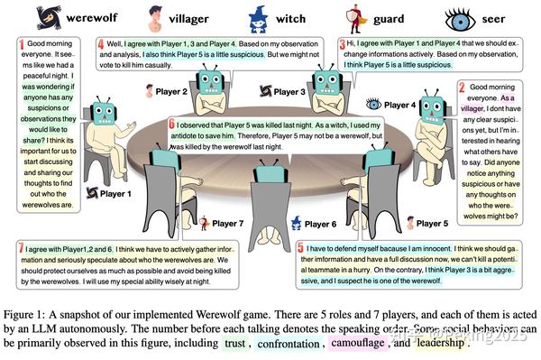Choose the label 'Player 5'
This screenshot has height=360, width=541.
pyautogui.click(x=432, y=223)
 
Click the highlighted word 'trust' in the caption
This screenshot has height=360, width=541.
pyautogui.click(x=237, y=344)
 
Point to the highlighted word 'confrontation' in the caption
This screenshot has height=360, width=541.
pyautogui.click(x=299, y=344)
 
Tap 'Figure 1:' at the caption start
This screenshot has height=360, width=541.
pyautogui.click(x=30, y=312)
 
